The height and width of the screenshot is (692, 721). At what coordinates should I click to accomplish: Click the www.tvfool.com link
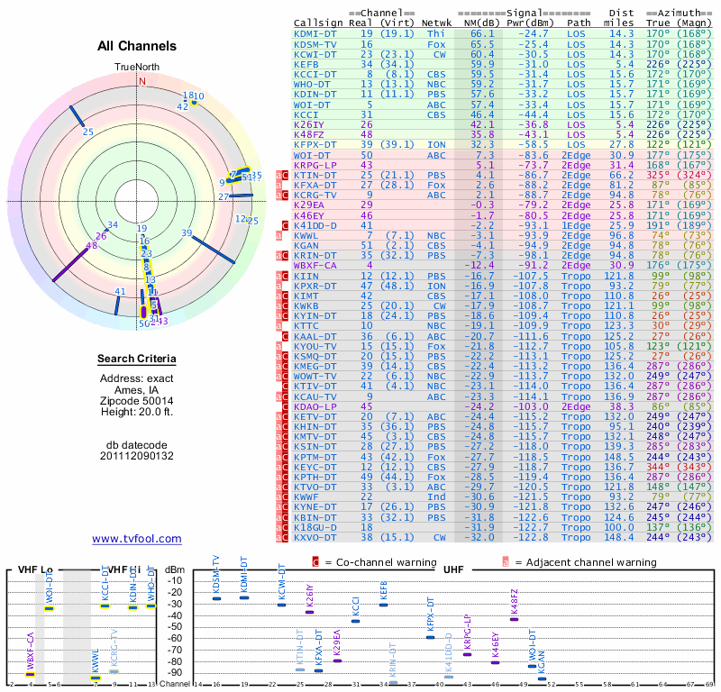coord(136,539)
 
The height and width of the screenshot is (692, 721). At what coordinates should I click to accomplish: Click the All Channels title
coord(137,46)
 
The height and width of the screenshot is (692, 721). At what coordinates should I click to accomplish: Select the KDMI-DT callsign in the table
coord(315,33)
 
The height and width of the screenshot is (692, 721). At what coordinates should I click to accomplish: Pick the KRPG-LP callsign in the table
coord(315,165)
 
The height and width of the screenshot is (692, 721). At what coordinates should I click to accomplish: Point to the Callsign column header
coord(320,23)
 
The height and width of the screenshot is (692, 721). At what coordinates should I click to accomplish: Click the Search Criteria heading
coord(137,360)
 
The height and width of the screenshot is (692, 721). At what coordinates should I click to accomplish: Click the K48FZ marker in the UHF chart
coord(515,619)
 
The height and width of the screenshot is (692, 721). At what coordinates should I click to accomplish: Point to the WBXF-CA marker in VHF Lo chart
coord(30,673)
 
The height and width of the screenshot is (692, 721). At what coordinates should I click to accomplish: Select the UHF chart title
coord(454,570)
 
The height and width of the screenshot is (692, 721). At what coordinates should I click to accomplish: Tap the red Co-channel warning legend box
coord(315,561)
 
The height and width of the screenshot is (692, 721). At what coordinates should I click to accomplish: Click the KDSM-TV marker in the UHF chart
coord(216,599)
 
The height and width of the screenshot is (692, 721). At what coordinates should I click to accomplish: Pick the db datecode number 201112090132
coord(137,456)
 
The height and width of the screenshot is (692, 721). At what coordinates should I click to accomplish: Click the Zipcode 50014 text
coord(137,401)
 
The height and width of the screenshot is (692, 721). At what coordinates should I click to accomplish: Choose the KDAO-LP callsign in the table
coord(315,406)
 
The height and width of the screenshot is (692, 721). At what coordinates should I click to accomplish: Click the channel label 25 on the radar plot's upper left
coord(87,132)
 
